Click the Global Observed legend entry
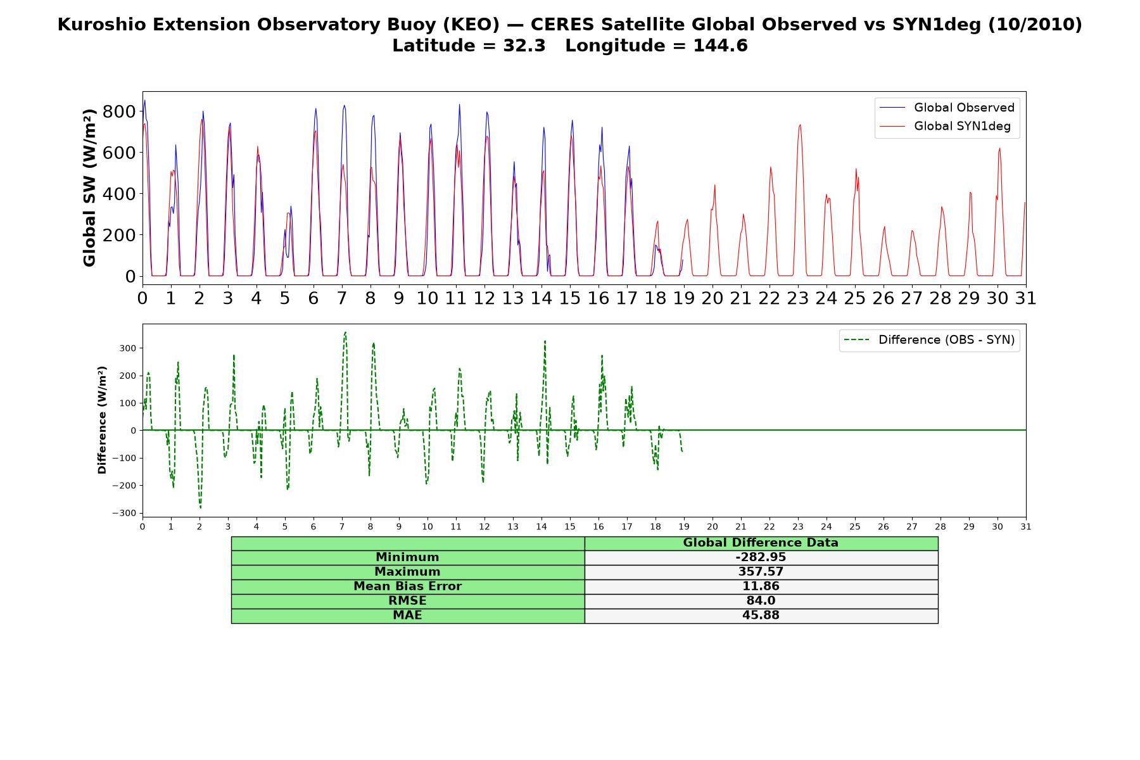947,108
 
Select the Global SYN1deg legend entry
945,126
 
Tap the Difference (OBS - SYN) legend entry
929,340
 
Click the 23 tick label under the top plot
798,298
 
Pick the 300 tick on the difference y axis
129,348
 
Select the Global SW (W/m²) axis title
89,187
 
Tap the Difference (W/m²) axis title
102,420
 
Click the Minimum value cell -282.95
761,557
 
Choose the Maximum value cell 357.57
761,572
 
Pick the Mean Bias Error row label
407,586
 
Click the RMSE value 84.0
761,601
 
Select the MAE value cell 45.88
761,616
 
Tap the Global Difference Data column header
761,543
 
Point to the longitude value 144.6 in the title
721,46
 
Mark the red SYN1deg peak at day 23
800,125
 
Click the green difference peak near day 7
345,332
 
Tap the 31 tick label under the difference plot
1026,527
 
